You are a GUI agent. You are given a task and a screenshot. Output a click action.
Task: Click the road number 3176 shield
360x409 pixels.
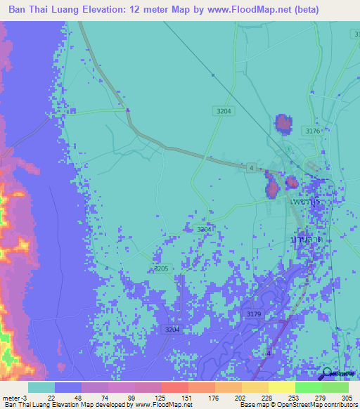point(313,131)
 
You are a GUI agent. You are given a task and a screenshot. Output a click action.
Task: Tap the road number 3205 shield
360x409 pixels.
point(162,268)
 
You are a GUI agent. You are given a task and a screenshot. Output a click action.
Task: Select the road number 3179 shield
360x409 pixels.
point(255,314)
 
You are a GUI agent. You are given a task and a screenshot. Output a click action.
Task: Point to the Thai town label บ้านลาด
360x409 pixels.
point(307,240)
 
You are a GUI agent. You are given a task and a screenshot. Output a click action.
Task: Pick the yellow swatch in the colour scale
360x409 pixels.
point(281,387)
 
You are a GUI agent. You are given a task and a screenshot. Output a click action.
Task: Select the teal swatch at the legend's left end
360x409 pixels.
point(41,387)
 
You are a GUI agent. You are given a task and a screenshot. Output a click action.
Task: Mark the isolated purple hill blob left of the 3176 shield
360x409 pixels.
point(283,124)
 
